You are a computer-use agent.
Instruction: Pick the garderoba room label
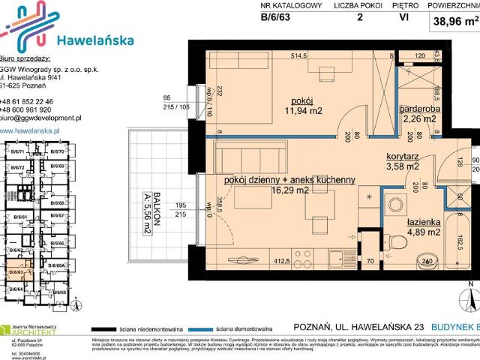[x=418, y=105]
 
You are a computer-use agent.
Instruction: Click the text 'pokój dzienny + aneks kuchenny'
[x=289, y=180]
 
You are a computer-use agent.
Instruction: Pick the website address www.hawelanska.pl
[x=40, y=130]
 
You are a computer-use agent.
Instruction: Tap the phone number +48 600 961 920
[x=37, y=109]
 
